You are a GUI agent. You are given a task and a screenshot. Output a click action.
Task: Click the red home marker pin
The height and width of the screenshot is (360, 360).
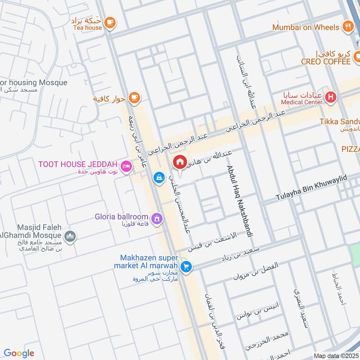(180, 162)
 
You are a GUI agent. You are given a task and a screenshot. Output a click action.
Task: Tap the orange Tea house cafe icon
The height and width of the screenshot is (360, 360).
(109, 22)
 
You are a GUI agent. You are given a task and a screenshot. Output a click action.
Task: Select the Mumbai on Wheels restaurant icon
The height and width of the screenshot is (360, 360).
(347, 27)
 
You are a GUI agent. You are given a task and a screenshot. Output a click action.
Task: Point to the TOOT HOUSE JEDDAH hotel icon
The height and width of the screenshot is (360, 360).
(126, 166)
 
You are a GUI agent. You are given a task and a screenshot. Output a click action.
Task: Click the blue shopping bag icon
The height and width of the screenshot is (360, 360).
(158, 178)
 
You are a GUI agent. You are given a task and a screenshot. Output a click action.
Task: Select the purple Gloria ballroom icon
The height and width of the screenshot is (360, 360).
(157, 219)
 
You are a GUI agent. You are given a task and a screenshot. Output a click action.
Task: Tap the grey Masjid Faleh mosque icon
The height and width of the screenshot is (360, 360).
(70, 235)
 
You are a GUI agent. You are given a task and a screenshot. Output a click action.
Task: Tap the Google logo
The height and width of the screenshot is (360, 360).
(19, 353)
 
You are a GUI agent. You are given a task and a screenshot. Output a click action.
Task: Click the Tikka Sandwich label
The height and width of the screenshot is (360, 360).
(340, 121)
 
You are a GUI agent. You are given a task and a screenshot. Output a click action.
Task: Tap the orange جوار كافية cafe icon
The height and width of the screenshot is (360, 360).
(134, 97)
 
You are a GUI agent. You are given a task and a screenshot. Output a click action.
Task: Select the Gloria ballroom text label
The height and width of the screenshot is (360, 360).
(121, 217)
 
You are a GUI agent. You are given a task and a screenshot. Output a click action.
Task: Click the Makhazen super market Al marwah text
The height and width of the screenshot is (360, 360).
(149, 262)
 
